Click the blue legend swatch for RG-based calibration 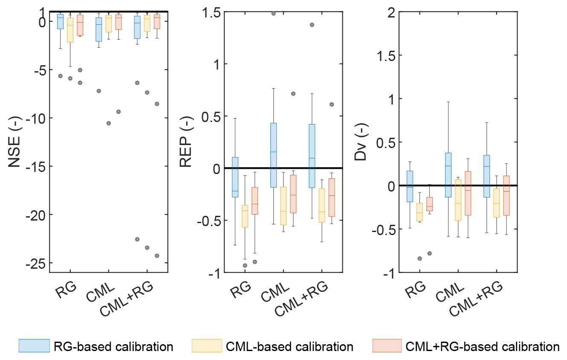pyautogui.click(x=34, y=346)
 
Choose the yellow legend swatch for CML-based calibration pyautogui.click(x=207, y=346)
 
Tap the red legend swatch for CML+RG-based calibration pyautogui.click(x=387, y=346)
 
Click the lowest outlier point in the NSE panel pyautogui.click(x=157, y=256)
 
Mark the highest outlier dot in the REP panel pyautogui.click(x=274, y=14)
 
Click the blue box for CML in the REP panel pyautogui.click(x=274, y=155)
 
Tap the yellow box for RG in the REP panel pyautogui.click(x=245, y=216)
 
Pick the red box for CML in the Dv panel pyautogui.click(x=468, y=193)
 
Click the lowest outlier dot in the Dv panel pyautogui.click(x=419, y=258)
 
